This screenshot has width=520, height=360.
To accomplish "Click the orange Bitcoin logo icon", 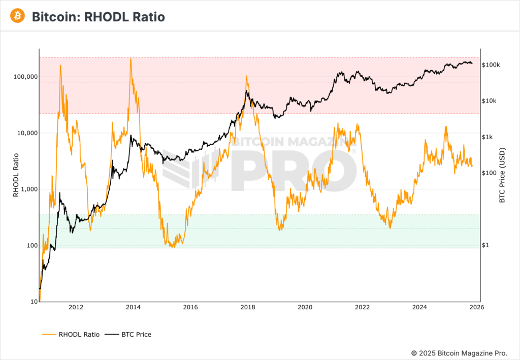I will pyautogui.click(x=18, y=16).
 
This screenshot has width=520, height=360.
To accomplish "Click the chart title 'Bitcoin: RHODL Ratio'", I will pyautogui.click(x=98, y=17).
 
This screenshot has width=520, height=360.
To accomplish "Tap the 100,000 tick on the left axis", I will pyautogui.click(x=24, y=77).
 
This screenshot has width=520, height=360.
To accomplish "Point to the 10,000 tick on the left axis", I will pyautogui.click(x=25, y=133).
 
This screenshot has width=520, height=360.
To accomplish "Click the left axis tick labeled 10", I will pyautogui.click(x=33, y=302).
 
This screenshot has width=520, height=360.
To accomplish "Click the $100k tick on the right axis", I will pyautogui.click(x=491, y=65).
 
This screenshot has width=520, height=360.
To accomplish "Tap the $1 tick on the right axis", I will pyautogui.click(x=485, y=245).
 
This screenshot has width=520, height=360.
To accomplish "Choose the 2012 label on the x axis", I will pyautogui.click(x=76, y=307).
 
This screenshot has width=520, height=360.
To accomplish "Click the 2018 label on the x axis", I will pyautogui.click(x=248, y=307).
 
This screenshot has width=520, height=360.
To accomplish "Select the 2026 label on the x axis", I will pyautogui.click(x=477, y=307).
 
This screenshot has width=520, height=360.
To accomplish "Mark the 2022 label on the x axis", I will pyautogui.click(x=362, y=307).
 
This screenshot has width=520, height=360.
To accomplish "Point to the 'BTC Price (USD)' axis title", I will pyautogui.click(x=502, y=176).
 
